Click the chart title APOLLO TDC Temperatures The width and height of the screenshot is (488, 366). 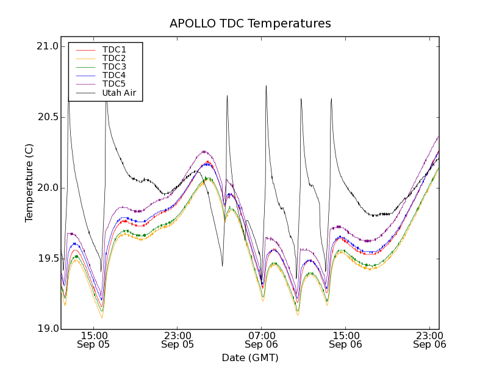tap(250, 24)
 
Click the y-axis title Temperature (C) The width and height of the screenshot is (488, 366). tap(29, 183)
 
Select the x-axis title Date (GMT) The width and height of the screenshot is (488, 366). tap(250, 357)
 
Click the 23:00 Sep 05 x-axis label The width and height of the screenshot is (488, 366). tap(177, 340)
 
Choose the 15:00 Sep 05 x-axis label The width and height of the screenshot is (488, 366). tap(93, 340)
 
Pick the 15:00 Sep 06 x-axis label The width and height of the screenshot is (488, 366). tap(345, 340)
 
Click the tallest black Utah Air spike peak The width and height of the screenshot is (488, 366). tap(266, 86)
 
